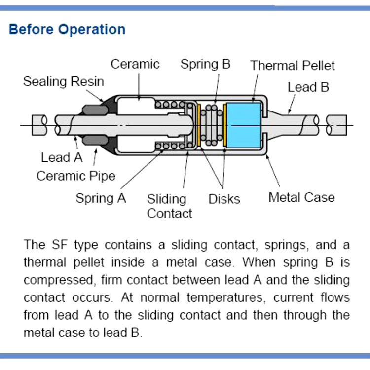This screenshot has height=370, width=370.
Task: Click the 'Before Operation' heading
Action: coord(67,29)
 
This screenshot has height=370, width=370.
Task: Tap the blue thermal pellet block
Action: coord(244,125)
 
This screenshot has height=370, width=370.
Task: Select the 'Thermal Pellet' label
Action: coord(293,65)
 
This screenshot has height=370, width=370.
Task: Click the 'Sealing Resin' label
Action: coord(64,81)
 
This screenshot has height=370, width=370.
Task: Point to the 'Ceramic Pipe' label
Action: coord(76,176)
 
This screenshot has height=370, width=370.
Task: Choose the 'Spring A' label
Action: coord(101,198)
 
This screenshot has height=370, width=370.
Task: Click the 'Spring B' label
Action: coord(205,64)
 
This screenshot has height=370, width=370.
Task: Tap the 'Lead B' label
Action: coord(308,87)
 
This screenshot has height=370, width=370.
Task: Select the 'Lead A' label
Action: coord(62,157)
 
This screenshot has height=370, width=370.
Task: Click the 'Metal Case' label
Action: coord(301,197)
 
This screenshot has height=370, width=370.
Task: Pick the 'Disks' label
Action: coord(224,199)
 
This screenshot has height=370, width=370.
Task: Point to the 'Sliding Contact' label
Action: coord(169,206)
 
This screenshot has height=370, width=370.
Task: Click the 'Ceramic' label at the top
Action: coord(135,64)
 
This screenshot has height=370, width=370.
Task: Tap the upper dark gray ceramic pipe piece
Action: coord(95,110)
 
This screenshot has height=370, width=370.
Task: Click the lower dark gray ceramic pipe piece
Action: coord(95,140)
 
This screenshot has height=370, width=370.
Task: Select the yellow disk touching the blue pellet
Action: coord(225,125)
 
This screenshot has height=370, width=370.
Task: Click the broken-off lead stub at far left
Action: coord(39,125)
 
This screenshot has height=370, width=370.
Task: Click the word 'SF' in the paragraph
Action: coord(60,245)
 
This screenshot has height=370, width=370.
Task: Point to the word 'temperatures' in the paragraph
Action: coord(224,298)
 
